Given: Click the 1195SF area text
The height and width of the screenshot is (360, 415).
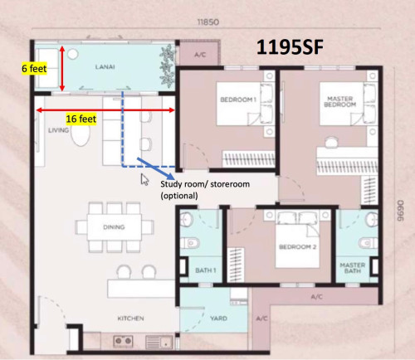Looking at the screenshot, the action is (290, 47).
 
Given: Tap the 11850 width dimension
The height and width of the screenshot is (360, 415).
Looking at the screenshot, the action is (208, 22).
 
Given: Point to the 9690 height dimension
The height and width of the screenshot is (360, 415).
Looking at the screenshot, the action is (400, 211).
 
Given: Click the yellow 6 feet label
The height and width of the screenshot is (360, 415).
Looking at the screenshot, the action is (34, 68).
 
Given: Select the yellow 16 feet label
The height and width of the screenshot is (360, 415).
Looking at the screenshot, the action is (81, 119).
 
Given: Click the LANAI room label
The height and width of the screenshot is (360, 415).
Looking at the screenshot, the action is (105, 67).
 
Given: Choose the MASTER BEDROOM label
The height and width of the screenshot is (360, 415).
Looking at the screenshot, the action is (340, 101).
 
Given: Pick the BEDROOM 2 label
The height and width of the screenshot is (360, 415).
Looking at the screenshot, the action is (298, 246).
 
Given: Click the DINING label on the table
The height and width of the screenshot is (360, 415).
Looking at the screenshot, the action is (114, 227).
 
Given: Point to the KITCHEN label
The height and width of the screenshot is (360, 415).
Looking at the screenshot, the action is (130, 319).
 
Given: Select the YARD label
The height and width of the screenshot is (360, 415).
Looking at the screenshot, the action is (218, 319).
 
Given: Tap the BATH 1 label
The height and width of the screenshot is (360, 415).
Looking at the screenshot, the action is (206, 270).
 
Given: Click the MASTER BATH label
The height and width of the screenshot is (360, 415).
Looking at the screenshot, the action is (353, 268).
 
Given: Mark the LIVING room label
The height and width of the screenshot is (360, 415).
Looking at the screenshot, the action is (58, 130).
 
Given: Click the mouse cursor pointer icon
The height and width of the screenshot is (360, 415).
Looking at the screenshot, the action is (144, 179).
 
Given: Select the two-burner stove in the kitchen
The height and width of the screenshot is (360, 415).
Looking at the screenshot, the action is (123, 341).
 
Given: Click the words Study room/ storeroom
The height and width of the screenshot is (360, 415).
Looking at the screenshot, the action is (205, 184).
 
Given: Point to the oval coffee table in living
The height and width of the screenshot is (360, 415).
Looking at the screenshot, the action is (81, 134).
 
